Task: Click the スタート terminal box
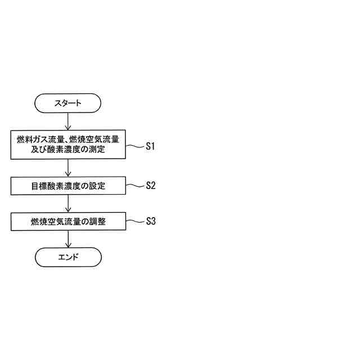click(x=68, y=103)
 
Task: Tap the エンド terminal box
click(x=68, y=257)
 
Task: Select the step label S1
click(x=150, y=146)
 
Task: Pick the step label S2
click(x=150, y=185)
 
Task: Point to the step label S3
click(x=150, y=221)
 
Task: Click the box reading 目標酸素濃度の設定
click(x=68, y=185)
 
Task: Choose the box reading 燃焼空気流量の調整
click(x=68, y=222)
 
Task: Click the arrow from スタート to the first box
click(x=68, y=121)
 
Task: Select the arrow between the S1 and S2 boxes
click(x=68, y=168)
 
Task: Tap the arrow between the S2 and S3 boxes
click(x=68, y=204)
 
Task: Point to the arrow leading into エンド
click(x=68, y=240)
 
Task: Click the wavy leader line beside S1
click(x=134, y=146)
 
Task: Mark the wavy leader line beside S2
click(x=134, y=185)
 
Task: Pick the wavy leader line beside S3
click(x=134, y=221)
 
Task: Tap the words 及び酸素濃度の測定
click(x=68, y=151)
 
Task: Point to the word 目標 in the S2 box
click(x=38, y=185)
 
